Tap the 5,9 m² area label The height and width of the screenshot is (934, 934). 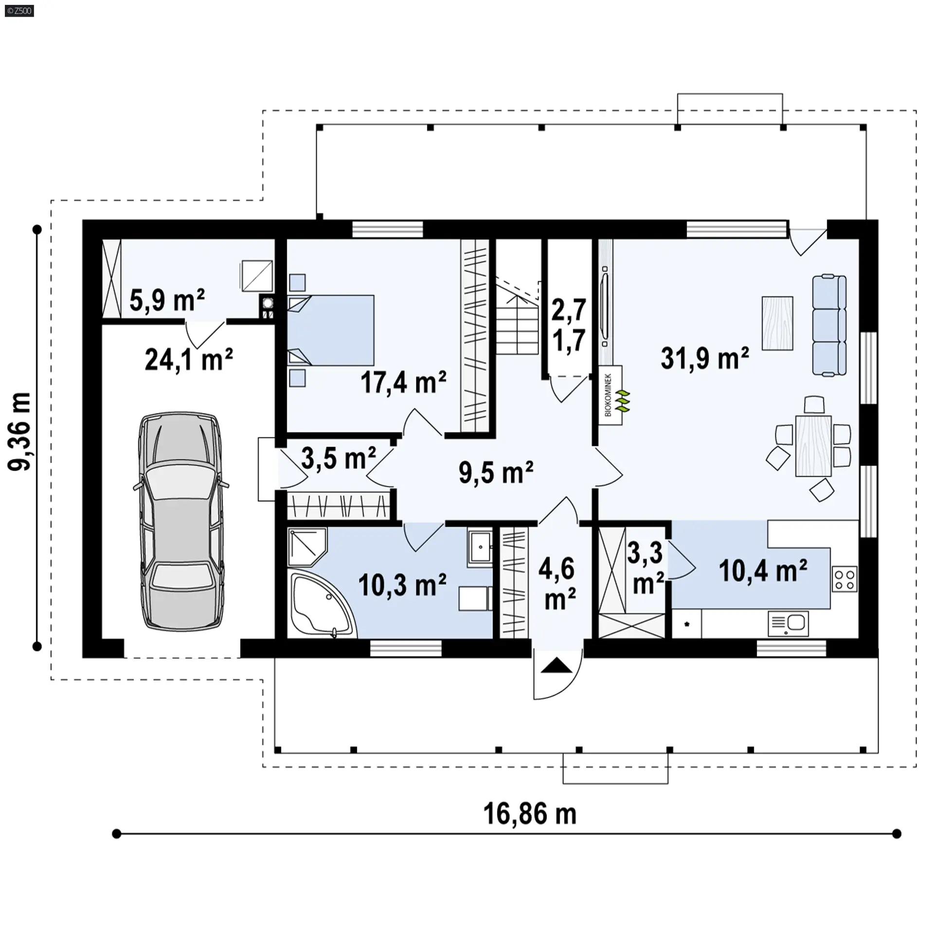point(167,300)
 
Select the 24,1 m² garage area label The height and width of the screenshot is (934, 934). point(189,359)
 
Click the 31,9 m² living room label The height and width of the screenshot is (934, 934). point(705,358)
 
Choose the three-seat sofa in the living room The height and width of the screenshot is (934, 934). point(829,325)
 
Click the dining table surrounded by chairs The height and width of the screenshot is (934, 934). point(813,446)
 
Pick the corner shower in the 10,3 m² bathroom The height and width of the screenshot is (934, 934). point(307,547)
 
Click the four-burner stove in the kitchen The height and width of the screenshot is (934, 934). point(845,579)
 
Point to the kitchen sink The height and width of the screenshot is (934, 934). point(789,624)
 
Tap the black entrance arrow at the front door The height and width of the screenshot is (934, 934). point(557,665)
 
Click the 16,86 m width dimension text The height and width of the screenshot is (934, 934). point(530,814)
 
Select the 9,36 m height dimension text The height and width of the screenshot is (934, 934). point(20,431)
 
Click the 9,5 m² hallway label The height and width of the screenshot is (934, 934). point(496,472)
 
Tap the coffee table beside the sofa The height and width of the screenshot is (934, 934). point(777,323)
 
